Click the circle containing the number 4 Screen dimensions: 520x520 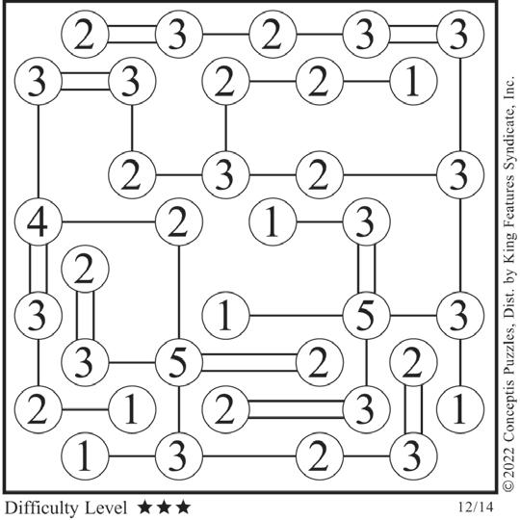coord(39,221)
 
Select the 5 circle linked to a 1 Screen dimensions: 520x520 coord(366,316)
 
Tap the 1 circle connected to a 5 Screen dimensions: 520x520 coord(225,316)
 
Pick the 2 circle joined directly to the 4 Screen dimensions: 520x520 coord(179,221)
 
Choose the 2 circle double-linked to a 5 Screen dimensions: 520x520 coord(319,362)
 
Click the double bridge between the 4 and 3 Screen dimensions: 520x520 coord(39,269)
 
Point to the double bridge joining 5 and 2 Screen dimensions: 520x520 coord(249,362)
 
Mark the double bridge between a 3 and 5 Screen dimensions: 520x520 coord(366,269)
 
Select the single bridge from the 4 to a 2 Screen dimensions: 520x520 coord(109,221)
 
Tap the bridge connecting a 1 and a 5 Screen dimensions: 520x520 coord(296,316)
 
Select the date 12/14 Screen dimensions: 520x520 coord(476,507)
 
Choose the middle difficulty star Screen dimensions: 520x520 coord(164,507)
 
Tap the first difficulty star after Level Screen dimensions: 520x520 coord(144,507)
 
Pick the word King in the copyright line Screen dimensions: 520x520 coord(509,247)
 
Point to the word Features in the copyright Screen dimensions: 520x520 coord(509,197)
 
